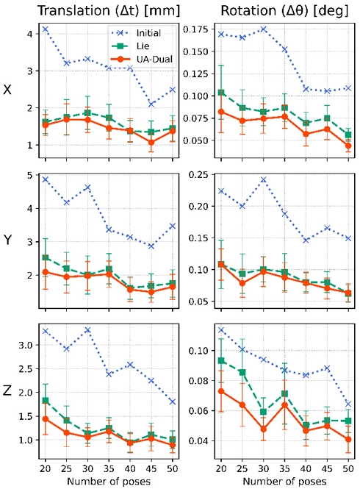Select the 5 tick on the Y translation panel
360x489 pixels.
[x=28, y=175]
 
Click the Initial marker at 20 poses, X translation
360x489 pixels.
[x=45, y=29]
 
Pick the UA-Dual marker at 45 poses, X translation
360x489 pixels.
[x=150, y=142]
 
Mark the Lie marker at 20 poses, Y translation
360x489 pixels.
[x=45, y=258]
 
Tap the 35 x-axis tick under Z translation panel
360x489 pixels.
[x=108, y=469]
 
